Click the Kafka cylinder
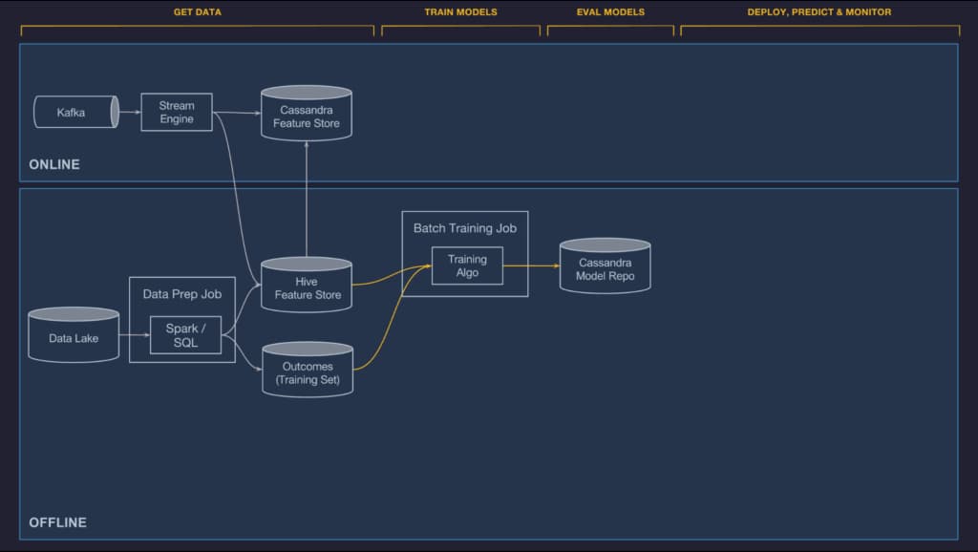(x=76, y=113)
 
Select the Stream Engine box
(x=177, y=113)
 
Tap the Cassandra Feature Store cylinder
(x=307, y=113)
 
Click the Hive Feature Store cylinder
(x=307, y=285)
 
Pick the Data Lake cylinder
(x=74, y=334)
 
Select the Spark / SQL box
(x=186, y=335)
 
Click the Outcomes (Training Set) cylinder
(x=308, y=370)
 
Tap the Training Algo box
(x=467, y=265)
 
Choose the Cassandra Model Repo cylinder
(x=605, y=265)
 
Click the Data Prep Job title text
(x=182, y=294)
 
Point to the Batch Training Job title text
(x=465, y=228)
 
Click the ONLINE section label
(x=54, y=164)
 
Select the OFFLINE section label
(x=58, y=522)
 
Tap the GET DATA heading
(x=197, y=11)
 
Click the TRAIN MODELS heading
(x=461, y=11)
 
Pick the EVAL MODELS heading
(x=610, y=11)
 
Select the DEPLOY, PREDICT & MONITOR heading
(x=819, y=11)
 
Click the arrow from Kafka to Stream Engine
(x=130, y=113)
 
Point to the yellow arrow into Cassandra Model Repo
(x=531, y=265)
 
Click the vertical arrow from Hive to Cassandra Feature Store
(x=307, y=199)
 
